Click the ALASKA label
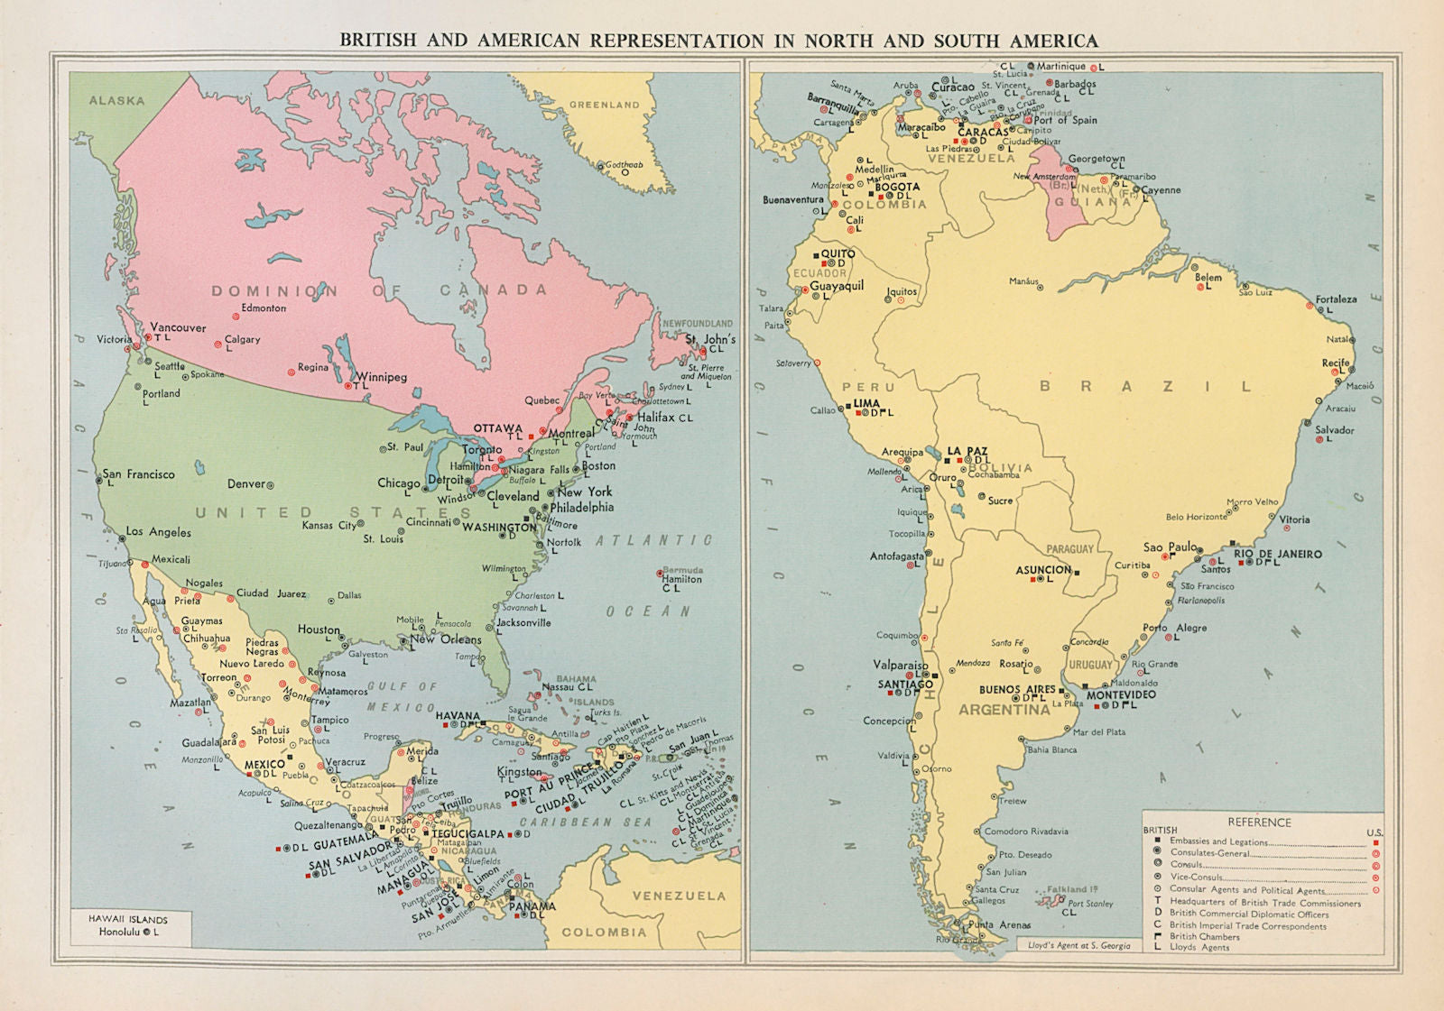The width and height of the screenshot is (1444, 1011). pos(116,100)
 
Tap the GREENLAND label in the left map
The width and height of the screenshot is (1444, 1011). pos(604,105)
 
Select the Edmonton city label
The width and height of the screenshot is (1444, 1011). pos(264,308)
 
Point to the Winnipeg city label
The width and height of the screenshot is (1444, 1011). pos(381,377)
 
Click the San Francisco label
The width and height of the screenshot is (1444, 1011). pos(139,473)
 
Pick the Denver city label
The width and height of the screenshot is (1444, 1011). pos(246,483)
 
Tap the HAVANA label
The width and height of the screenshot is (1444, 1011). pos(458,715)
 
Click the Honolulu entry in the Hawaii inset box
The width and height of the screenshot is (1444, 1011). pos(119,933)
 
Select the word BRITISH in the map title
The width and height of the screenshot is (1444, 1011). pos(378,41)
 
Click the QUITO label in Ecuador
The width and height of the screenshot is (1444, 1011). pos(838,254)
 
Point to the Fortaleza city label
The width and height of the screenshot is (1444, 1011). pos(1336,299)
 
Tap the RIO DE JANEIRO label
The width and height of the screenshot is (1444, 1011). pos(1277,554)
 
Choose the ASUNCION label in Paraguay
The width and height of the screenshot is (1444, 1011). pos(1043,570)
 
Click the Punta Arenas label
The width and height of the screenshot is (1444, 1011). pos(999,924)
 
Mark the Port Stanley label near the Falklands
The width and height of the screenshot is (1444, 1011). pos(1090,903)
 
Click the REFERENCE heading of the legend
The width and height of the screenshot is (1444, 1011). pos(1259,823)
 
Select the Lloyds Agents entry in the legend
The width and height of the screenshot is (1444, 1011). pos(1199,947)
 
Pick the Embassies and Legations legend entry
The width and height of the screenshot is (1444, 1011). pos(1218,841)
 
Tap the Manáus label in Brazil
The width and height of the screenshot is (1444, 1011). pos(1023,281)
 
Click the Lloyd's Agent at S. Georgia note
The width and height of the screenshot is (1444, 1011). pos(1078,945)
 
